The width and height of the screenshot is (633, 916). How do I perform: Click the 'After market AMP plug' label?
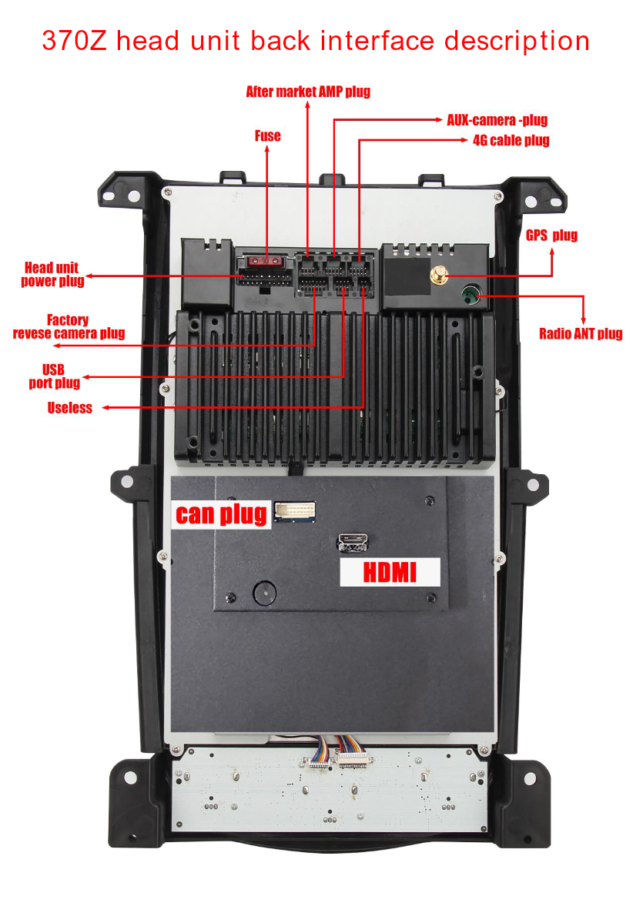pos(308,92)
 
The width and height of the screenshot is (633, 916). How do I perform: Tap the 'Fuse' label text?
pos(268,136)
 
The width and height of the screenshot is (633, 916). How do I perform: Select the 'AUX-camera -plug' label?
pos(497,120)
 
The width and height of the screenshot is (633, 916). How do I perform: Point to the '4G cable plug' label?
pos(511,140)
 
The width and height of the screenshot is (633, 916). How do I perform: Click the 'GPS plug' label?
pos(551,236)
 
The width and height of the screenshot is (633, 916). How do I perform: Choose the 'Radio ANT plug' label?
pos(581,333)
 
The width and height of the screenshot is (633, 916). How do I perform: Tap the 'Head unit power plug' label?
pos(52,275)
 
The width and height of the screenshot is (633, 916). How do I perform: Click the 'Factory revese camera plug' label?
pos(69,326)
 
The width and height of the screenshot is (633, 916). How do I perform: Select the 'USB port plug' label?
pos(55,376)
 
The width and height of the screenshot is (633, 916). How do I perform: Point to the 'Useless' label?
pos(69,408)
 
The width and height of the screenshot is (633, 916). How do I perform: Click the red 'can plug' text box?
pos(222,515)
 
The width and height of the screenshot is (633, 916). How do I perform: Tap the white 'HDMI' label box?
pos(390,572)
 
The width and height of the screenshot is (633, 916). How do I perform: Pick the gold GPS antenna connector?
pos(438,274)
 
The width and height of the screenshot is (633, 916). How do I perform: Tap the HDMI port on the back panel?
pos(353,543)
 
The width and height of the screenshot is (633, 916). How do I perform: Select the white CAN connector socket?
pos(295,511)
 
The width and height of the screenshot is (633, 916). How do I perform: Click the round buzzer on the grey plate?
pos(265,593)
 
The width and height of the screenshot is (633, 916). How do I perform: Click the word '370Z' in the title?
pos(74,42)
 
